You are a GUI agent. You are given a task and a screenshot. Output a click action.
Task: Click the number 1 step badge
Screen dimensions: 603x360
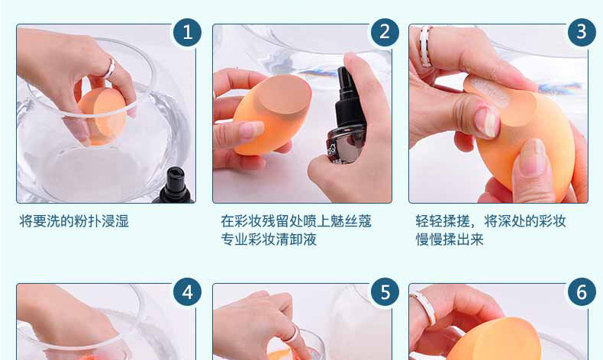click(187, 32)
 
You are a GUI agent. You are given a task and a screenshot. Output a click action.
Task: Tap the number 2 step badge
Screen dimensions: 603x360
click(385, 32)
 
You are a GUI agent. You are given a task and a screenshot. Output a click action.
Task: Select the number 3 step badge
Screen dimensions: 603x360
click(582, 32)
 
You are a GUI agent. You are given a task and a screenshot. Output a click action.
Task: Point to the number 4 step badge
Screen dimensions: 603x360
click(187, 292)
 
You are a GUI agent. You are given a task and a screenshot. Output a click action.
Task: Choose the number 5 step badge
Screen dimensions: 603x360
click(385, 292)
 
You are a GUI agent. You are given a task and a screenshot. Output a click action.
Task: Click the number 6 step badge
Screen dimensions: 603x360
click(582, 292)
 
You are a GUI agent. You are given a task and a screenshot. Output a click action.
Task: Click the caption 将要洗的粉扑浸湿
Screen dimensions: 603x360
click(74, 221)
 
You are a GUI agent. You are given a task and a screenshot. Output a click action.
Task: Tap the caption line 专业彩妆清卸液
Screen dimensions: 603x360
click(269, 239)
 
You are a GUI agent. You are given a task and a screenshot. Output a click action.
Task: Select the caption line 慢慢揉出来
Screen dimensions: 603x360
click(449, 239)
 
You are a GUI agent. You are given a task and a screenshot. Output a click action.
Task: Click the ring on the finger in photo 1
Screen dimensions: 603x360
click(110, 69)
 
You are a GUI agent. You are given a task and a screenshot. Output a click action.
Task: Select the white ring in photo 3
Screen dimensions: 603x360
click(425, 46)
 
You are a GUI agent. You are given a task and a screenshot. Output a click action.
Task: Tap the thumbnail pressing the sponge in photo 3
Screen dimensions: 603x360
click(486, 121)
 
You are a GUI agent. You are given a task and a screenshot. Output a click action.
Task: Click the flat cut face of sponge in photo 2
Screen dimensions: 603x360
click(284, 95)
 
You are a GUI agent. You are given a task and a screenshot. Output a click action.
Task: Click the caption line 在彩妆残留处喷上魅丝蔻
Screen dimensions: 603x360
click(295, 221)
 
